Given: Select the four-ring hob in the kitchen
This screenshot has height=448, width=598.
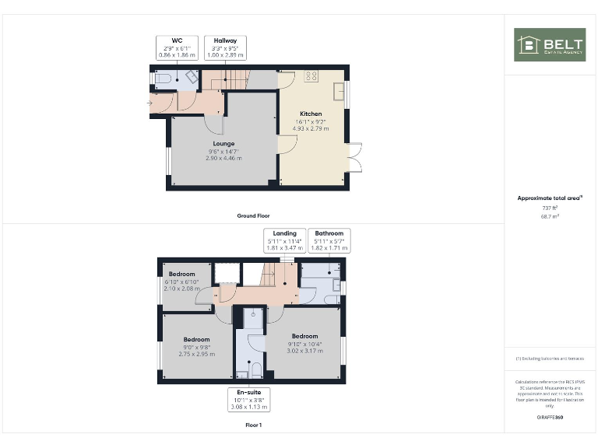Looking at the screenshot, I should tap(313, 76).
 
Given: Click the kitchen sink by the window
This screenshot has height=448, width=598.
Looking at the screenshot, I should tap(339, 92).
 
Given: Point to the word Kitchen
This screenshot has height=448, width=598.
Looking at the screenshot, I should tap(311, 114).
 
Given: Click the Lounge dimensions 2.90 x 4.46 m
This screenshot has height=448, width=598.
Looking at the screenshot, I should tap(223, 158).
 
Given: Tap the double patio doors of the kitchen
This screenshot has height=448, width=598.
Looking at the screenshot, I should tap(355, 158).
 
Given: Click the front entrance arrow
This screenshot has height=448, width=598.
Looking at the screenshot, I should tap(149, 102).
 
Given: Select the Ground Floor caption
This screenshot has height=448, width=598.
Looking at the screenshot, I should tap(253, 215).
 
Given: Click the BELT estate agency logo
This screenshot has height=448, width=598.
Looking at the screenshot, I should tap(549, 45).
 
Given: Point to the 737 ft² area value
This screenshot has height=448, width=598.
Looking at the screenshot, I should tap(550, 208).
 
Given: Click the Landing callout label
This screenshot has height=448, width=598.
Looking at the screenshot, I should tap(284, 233).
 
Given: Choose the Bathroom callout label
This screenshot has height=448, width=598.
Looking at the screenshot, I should tap(329, 233).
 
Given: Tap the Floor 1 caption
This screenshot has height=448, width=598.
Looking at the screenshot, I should tap(253, 425).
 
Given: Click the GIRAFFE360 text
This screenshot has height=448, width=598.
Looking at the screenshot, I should tap(550, 418).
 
